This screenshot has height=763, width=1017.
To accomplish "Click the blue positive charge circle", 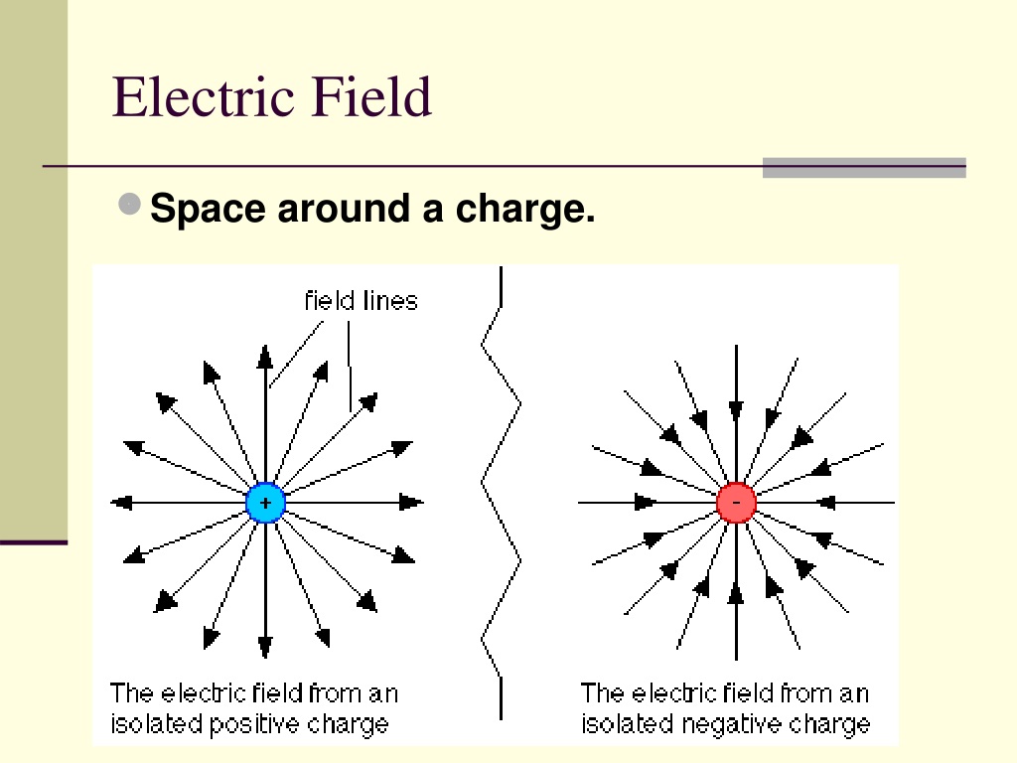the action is pyautogui.click(x=265, y=502).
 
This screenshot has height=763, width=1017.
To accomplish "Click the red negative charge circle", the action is pyautogui.click(x=736, y=502).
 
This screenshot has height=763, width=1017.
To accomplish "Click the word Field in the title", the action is pyautogui.click(x=371, y=96).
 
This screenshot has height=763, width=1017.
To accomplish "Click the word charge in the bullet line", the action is pyautogui.click(x=524, y=209).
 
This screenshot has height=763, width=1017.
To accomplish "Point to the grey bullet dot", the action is pyautogui.click(x=130, y=204).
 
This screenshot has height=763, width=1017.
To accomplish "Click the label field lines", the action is pyautogui.click(x=362, y=301).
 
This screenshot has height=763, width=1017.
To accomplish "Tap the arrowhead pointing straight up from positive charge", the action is pyautogui.click(x=264, y=357).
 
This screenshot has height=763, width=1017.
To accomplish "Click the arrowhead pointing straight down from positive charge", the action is pyautogui.click(x=264, y=648).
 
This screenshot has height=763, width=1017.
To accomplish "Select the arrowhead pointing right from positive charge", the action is pyautogui.click(x=411, y=502).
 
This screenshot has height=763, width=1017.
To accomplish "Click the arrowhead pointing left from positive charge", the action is pyautogui.click(x=121, y=502).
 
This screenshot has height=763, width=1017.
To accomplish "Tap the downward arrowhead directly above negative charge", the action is pyautogui.click(x=736, y=411).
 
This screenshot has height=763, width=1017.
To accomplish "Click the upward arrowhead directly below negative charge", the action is pyautogui.click(x=736, y=593).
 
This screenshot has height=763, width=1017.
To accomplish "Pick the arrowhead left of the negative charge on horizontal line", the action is pyautogui.click(x=645, y=502).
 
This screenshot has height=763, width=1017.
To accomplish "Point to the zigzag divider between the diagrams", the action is pyautogui.click(x=501, y=493).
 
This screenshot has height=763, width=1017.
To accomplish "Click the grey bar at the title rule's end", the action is pyautogui.click(x=864, y=167).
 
